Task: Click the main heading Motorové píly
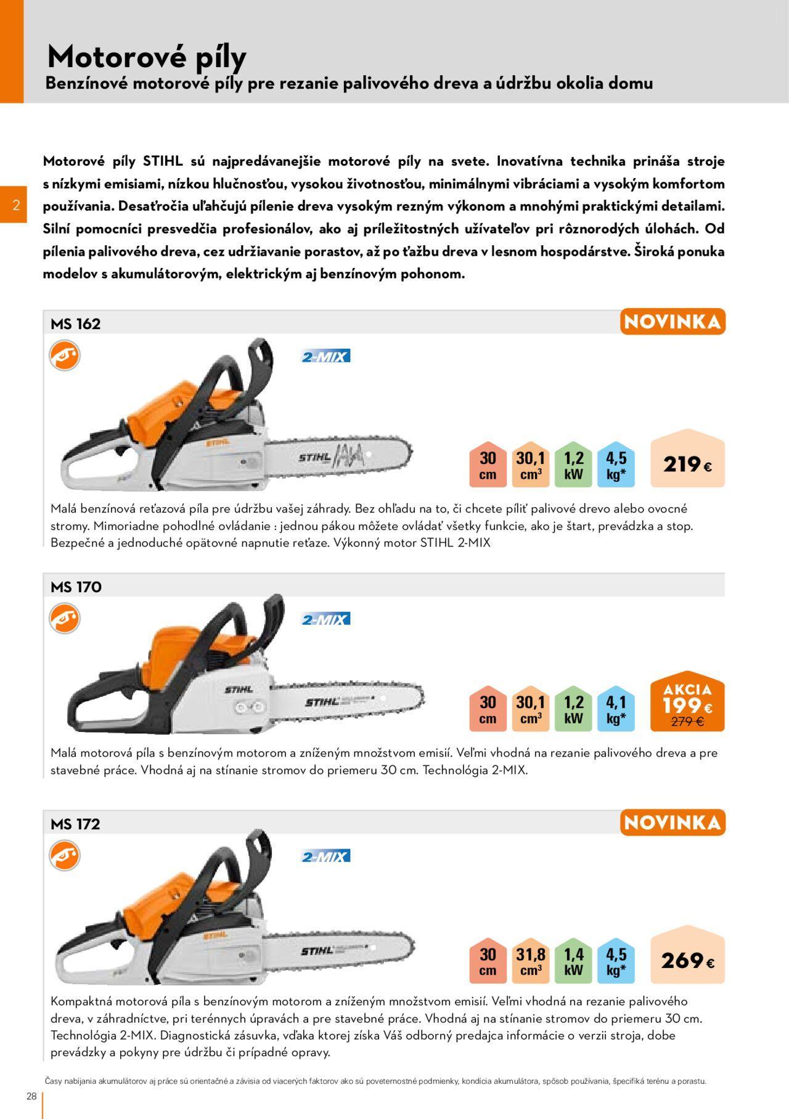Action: tap(147, 57)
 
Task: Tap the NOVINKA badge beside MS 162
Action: tap(672, 322)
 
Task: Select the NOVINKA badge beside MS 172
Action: tap(672, 823)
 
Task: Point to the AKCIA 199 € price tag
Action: tap(688, 701)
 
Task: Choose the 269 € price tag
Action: tap(688, 954)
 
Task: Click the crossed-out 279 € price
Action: tap(687, 722)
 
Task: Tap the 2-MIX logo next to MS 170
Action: tap(325, 619)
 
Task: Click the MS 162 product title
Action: tap(75, 323)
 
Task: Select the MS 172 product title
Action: tap(75, 824)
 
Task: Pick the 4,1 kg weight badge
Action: tap(616, 709)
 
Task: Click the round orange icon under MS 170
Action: tap(65, 618)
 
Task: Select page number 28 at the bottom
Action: tap(31, 1095)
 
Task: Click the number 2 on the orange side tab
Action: tap(17, 205)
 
